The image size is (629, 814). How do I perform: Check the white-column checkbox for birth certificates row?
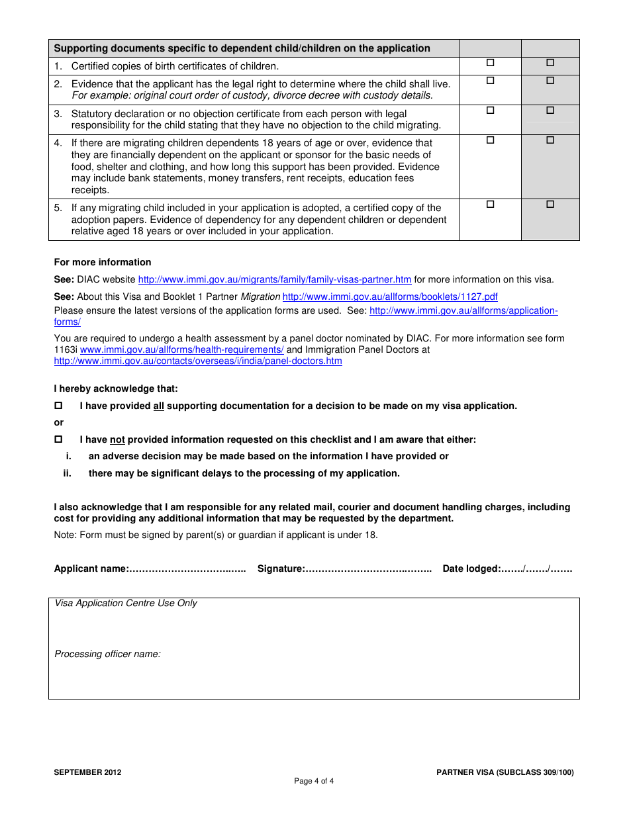pos(491,63)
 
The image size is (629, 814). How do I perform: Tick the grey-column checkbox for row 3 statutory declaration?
pos(550,111)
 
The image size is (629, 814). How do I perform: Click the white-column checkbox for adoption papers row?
pos(491,204)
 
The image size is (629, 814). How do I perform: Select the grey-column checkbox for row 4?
pos(550,140)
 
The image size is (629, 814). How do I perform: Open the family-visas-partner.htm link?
pos(274,279)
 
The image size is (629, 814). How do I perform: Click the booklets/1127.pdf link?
pos(390,296)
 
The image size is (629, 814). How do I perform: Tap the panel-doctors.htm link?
pos(198,361)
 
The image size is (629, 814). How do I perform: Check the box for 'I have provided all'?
pos(58,405)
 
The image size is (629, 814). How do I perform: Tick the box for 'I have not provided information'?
pos(58,439)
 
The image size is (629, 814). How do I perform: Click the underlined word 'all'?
pos(159,406)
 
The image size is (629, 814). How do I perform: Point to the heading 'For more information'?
pos(103,262)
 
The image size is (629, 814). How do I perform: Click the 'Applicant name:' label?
pos(91,568)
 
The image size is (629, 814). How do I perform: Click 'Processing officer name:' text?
pos(107,654)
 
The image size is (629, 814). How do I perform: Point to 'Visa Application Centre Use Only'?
pos(126,603)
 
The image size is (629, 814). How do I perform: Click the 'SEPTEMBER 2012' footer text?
pos(87,772)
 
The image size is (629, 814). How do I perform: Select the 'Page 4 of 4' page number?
pos(314,781)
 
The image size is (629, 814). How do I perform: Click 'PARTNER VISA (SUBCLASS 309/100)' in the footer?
pos(505,772)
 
